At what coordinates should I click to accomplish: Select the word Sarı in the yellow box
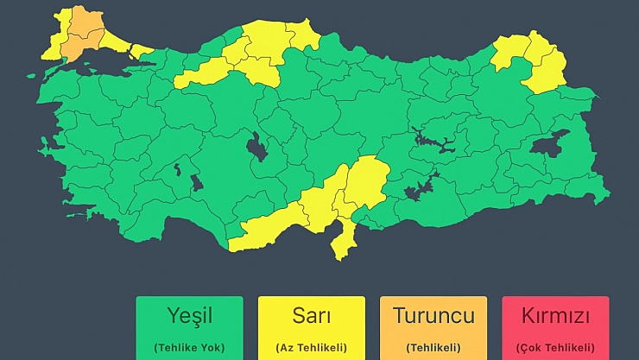pos(311,315)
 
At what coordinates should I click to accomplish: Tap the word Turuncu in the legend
pos(433,315)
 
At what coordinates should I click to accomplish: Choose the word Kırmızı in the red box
pos(555,315)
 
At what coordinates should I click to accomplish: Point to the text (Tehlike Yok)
pos(189,347)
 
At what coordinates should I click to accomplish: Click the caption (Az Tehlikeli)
pos(311,347)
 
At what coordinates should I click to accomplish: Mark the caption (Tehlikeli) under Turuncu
pos(433,347)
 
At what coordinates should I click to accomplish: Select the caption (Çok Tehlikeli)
pos(555,347)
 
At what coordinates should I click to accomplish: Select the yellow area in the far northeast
pos(535,62)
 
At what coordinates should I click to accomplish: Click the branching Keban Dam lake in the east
pos(432,138)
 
